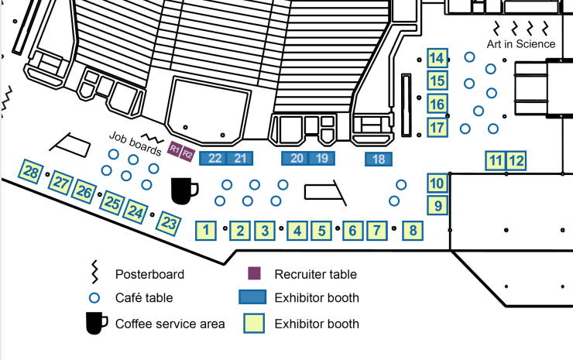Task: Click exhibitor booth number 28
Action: pos(31,172)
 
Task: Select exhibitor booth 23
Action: pos(169,223)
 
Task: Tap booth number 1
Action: pos(205,230)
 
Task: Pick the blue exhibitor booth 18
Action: pos(379,159)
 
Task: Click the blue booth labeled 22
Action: pos(214,159)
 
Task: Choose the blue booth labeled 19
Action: pos(322,159)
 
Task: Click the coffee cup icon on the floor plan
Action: pos(184,190)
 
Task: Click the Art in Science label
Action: pos(520,44)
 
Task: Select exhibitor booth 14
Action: pos(437,58)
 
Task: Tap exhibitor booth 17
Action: pos(437,127)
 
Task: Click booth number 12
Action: pos(516,161)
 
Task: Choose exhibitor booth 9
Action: pos(437,206)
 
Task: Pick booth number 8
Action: pos(413,230)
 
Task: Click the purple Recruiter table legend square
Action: pos(253,274)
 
